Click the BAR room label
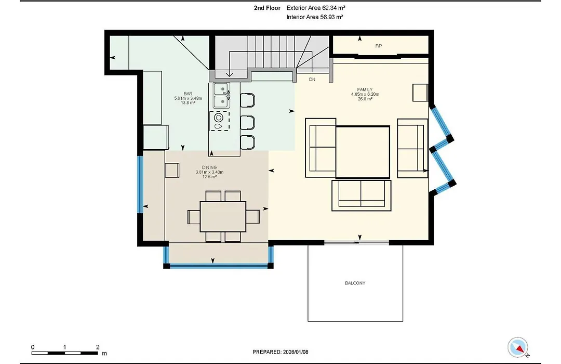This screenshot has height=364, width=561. (x=188, y=94)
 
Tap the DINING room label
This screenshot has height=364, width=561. (x=209, y=167)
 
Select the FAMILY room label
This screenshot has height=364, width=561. (x=365, y=89)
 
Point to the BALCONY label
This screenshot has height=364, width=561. (x=355, y=283)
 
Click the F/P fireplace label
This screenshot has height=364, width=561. (x=379, y=46)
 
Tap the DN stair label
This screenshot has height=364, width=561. (x=312, y=79)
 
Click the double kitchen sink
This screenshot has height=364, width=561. (x=221, y=95)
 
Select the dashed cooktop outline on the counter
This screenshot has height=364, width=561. (x=219, y=121)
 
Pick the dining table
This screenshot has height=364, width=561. (x=223, y=216)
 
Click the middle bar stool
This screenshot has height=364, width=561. (x=248, y=123)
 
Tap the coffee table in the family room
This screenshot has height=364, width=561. (x=363, y=152)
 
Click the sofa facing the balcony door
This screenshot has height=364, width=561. (x=362, y=195)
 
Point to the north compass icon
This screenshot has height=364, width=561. (x=518, y=347)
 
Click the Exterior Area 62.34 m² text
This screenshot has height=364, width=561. (x=316, y=7)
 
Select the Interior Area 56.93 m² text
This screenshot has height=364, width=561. (x=315, y=17)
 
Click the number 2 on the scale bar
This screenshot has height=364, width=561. (x=98, y=347)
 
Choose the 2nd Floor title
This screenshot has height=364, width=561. (x=268, y=7)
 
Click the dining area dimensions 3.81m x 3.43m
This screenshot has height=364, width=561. (x=209, y=172)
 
